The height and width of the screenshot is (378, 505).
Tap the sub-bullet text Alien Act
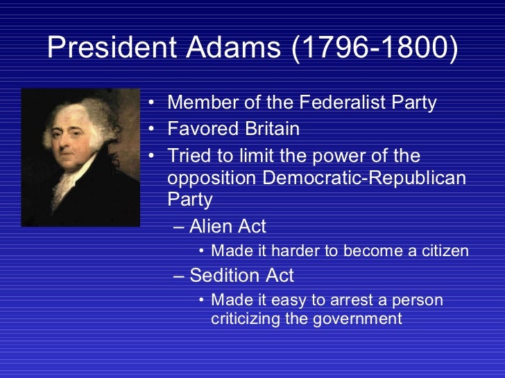228,226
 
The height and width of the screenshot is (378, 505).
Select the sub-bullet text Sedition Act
241,276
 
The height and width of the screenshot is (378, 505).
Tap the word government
359,319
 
